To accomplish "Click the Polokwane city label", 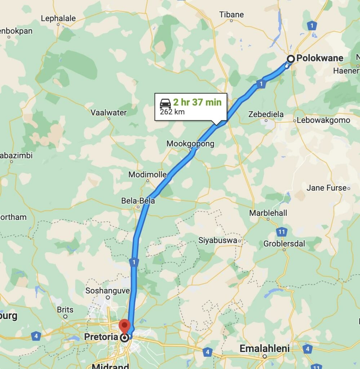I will pyautogui.click(x=320, y=58).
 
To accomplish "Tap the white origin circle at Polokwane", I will pyautogui.click(x=290, y=59).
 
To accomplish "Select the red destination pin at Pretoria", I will pyautogui.click(x=125, y=325).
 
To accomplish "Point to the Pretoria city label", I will pyautogui.click(x=101, y=337).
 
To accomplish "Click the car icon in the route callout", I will pyautogui.click(x=165, y=103).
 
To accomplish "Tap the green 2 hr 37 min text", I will pyautogui.click(x=197, y=102).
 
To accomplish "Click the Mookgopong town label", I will pyautogui.click(x=190, y=144).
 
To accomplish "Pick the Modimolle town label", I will pyautogui.click(x=148, y=175).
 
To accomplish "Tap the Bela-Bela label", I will pyautogui.click(x=138, y=201).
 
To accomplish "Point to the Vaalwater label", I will pyautogui.click(x=108, y=112).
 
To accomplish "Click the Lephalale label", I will pyautogui.click(x=58, y=18).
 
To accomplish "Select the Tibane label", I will pyautogui.click(x=231, y=15).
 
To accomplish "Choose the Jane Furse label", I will pyautogui.click(x=326, y=188).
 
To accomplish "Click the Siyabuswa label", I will pyautogui.click(x=218, y=240).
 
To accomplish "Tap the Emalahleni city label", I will pyautogui.click(x=265, y=348).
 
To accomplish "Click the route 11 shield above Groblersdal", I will pyautogui.click(x=282, y=232).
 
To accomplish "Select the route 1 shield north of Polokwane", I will pyautogui.click(x=312, y=26).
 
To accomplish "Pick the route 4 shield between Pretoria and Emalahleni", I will pyautogui.click(x=207, y=352).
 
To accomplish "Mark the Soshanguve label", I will pyautogui.click(x=107, y=290).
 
